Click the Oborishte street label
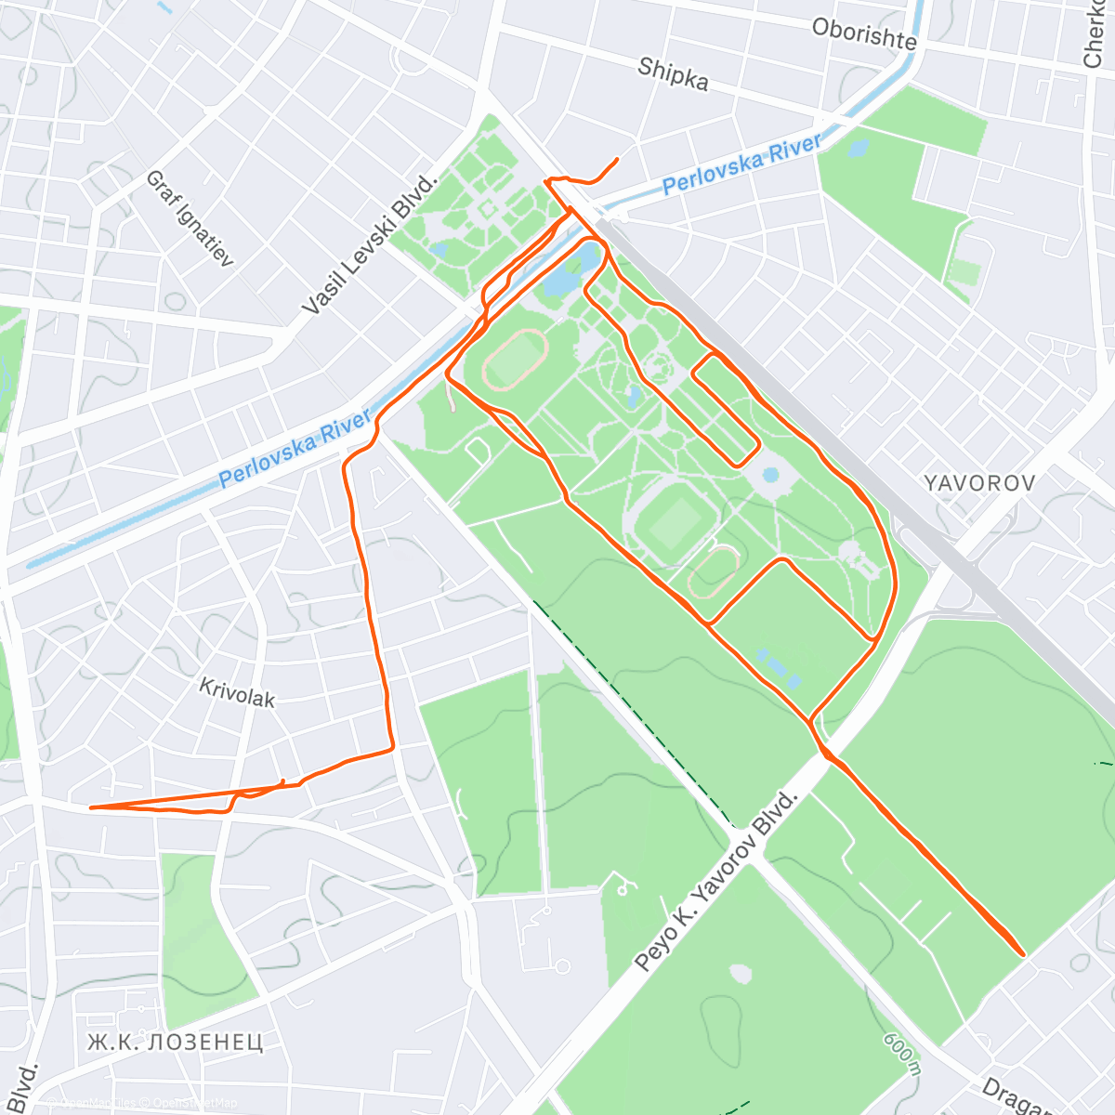tap(863, 34)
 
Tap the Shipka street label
tap(673, 73)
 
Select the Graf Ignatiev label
tap(190, 218)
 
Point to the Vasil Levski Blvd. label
tap(369, 244)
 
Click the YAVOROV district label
tap(979, 483)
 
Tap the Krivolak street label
tap(237, 692)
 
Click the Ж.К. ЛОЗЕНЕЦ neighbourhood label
tap(175, 1042)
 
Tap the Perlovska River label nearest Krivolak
tap(295, 448)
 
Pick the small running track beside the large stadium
tap(714, 571)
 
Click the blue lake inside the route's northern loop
tap(561, 275)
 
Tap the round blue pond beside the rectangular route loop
tap(770, 476)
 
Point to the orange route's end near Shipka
tap(617, 160)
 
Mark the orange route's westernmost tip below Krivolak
tap(90, 807)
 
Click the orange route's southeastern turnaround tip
tap(1023, 953)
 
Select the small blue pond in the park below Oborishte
tap(858, 148)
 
